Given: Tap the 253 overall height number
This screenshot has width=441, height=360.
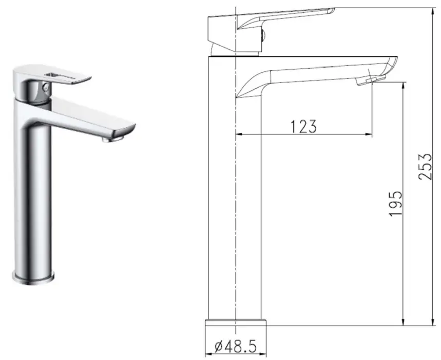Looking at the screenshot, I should pyautogui.click(x=424, y=167).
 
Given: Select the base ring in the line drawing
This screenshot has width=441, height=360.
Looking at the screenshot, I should pyautogui.click(x=236, y=322).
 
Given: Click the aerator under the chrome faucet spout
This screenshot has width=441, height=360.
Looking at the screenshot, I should pyautogui.click(x=114, y=136).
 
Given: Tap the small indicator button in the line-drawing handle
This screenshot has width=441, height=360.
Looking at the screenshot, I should pyautogui.click(x=263, y=35).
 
